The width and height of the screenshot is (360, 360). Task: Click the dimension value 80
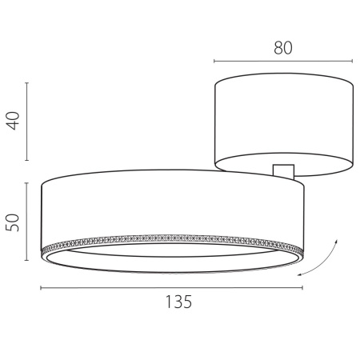pos(282,47)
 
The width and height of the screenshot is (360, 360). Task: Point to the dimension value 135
pos(178,302)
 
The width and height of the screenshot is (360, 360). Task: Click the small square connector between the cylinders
pos(283,170)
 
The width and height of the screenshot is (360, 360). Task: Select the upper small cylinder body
pos(283,120)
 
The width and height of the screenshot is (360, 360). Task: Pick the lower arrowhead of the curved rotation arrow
pos(300,274)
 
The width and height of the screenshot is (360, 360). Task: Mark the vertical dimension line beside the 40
pos(28,122)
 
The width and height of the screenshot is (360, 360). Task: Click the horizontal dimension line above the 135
pos(172,288)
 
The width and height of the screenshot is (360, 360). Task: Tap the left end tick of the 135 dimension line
pos(42,288)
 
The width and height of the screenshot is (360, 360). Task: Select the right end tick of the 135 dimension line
pos(302,288)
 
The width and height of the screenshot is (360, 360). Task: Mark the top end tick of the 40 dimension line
pos(28,82)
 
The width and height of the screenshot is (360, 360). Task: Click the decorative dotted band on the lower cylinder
pos(172,238)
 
